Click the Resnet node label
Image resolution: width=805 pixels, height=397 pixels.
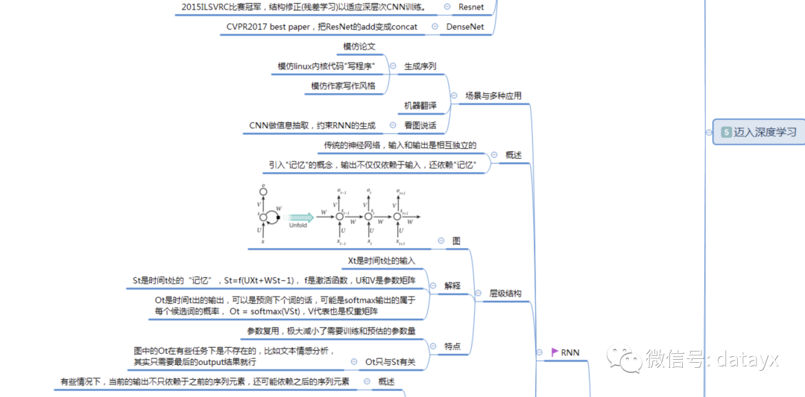[471, 7]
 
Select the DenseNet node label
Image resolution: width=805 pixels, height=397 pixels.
[465, 28]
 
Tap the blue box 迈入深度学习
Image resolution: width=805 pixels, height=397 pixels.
[759, 132]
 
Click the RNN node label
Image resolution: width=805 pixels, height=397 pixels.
[570, 352]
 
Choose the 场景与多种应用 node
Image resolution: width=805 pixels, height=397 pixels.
[493, 96]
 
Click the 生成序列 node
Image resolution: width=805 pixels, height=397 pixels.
[420, 66]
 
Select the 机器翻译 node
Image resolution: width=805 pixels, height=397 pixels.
[420, 105]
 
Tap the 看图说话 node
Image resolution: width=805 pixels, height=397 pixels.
[420, 125]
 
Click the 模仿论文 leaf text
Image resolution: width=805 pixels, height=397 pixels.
[359, 47]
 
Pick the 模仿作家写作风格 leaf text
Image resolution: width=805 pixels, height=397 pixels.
[344, 86]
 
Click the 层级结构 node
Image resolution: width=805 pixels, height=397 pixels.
[505, 293]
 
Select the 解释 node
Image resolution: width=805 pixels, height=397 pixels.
[452, 285]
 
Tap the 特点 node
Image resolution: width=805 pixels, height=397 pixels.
[452, 346]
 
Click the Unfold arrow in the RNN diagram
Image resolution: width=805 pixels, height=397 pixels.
[300, 217]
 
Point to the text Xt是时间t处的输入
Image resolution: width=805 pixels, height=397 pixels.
[382, 261]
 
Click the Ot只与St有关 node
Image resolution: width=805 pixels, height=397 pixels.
[391, 362]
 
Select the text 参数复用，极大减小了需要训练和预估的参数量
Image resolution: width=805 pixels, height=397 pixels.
[332, 330]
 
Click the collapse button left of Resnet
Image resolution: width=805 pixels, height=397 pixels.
[447, 7]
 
